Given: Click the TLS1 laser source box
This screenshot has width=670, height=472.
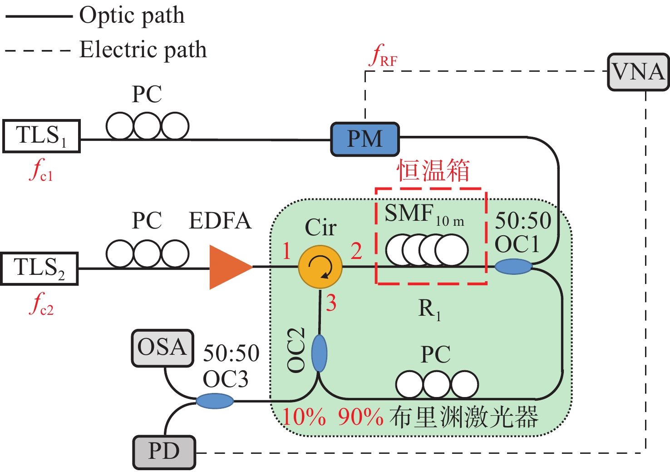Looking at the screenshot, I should (41, 136).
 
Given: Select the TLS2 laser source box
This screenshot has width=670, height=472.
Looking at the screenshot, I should (39, 268).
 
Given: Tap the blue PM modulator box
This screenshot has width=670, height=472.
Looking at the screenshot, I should (365, 139).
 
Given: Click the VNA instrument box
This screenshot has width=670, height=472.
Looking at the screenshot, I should (638, 72).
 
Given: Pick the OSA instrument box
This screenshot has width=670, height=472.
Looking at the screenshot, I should (163, 348).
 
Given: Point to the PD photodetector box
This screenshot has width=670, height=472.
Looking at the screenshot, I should (164, 452).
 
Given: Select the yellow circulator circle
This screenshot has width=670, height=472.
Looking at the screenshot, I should (320, 267).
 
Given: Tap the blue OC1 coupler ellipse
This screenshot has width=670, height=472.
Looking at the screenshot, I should (513, 266).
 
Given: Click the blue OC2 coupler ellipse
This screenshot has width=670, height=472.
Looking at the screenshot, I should (319, 353).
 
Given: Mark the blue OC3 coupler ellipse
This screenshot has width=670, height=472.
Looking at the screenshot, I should (215, 401).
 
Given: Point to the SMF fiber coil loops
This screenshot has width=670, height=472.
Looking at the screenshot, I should (427, 250).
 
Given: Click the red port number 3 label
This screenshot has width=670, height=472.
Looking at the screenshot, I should (331, 303).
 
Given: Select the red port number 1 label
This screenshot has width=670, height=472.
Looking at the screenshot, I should (286, 251).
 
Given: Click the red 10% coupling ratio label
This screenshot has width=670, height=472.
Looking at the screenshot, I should (304, 417).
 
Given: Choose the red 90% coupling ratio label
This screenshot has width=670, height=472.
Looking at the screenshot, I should (360, 417).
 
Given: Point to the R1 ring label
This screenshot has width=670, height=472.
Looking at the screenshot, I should (429, 310).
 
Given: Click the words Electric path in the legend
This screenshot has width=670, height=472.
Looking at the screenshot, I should (143, 50).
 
